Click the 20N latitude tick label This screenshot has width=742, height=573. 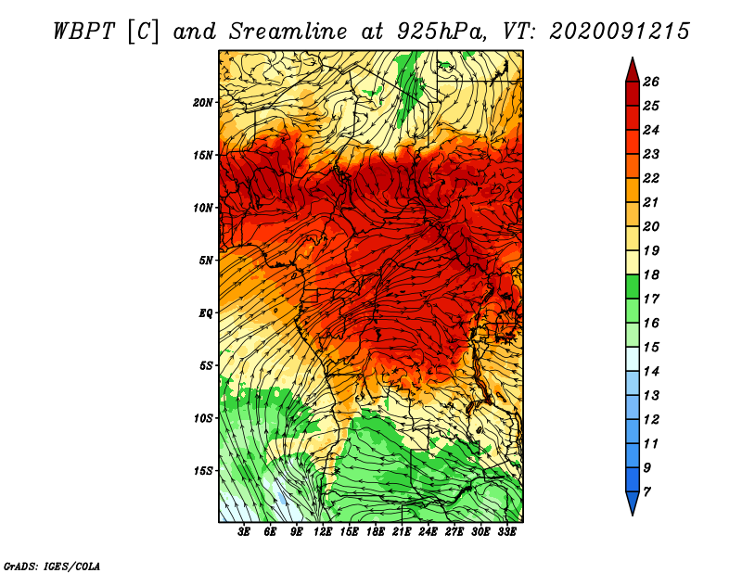[x=202, y=103]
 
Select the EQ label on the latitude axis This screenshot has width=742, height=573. [x=205, y=313]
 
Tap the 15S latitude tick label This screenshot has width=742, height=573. [x=202, y=471]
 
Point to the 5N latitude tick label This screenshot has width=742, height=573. [x=206, y=261]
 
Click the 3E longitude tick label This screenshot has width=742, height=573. [x=244, y=532]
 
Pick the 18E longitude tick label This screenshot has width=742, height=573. [x=376, y=532]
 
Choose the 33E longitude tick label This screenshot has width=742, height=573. [x=506, y=532]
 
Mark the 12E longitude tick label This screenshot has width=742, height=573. [x=323, y=532]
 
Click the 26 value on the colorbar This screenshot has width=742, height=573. [x=651, y=82]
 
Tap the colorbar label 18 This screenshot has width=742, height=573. [x=651, y=274]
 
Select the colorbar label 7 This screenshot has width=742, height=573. [x=646, y=492]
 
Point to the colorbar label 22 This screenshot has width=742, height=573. [x=651, y=178]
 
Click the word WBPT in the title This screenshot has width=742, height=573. [x=83, y=32]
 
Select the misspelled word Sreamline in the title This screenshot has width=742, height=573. [x=288, y=32]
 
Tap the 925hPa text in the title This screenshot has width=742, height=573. [x=441, y=32]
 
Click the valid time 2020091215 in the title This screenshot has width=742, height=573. [x=620, y=32]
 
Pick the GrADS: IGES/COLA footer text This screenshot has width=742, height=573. [x=52, y=566]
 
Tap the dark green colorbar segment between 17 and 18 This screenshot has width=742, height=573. [x=633, y=286]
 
